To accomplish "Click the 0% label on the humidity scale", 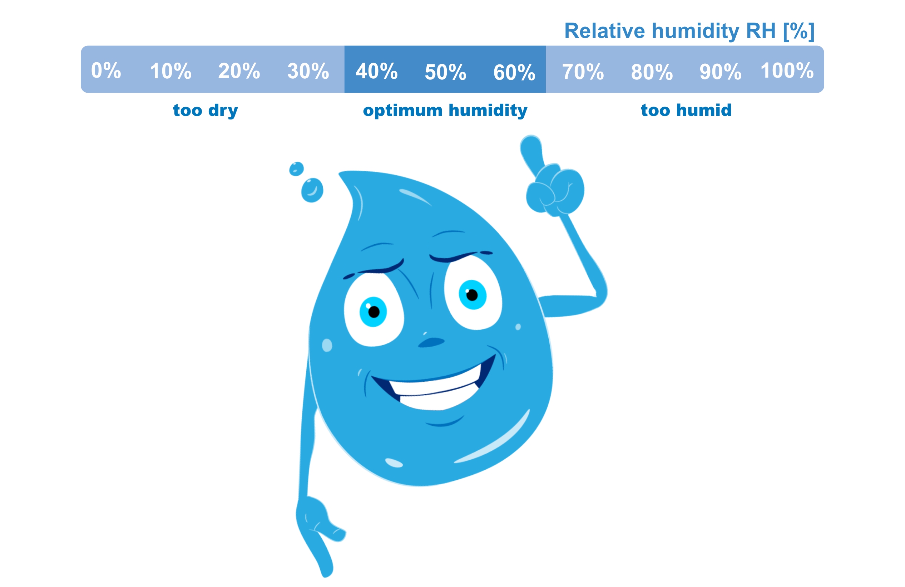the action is click(106, 70).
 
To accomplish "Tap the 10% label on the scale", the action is click(171, 71).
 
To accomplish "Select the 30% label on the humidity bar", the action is click(308, 71).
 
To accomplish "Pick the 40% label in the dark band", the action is click(376, 71).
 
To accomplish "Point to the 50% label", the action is click(445, 72).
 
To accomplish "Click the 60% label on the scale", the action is click(514, 72).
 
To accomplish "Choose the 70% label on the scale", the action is click(583, 72).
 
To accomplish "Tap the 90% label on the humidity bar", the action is click(721, 72).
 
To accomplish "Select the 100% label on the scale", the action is click(787, 70).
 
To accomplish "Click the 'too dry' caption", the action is click(205, 111).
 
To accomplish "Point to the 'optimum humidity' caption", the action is click(445, 111).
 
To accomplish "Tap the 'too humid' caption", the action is click(686, 111).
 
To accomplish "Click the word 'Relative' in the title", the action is click(605, 31).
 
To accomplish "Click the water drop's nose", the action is click(431, 342).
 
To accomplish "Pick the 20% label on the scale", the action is click(239, 71).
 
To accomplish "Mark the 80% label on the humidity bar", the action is click(652, 72).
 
